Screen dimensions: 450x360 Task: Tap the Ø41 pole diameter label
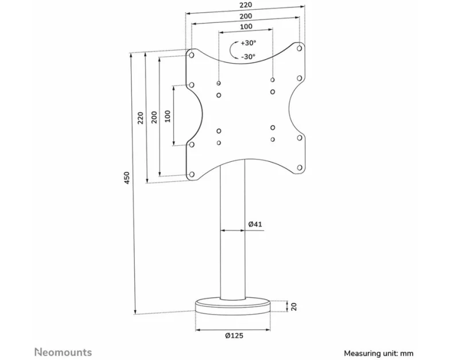pyautogui.click(x=255, y=224)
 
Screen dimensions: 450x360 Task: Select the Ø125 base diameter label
pyautogui.click(x=234, y=335)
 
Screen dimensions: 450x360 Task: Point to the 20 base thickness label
pyautogui.click(x=294, y=307)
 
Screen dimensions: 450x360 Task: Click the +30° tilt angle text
pyautogui.click(x=249, y=43)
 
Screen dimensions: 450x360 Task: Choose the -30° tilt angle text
pyautogui.click(x=248, y=56)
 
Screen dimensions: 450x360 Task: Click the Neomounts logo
pyautogui.click(x=63, y=353)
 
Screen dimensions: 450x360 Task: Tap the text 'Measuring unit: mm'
pyautogui.click(x=379, y=353)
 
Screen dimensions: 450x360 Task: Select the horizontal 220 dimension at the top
pyautogui.click(x=246, y=5)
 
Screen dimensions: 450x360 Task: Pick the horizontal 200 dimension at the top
pyautogui.click(x=246, y=16)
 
